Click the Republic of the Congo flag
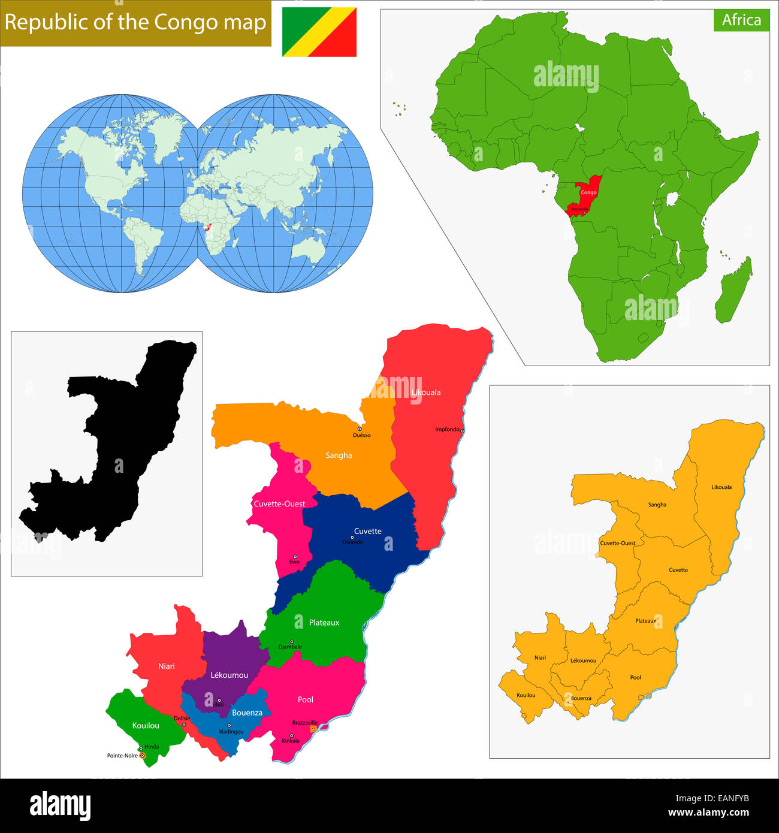(x=319, y=32)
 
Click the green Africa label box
(x=741, y=20)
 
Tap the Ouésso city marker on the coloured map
(x=360, y=428)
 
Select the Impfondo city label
(x=447, y=429)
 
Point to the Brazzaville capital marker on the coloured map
(x=312, y=729)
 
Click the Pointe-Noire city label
(x=122, y=756)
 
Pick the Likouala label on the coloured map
(x=426, y=393)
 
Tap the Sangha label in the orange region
(x=339, y=455)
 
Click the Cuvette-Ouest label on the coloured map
(x=279, y=504)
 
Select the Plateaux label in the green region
(x=324, y=623)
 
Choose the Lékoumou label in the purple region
(x=229, y=675)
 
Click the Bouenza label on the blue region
(x=247, y=713)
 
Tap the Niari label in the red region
(x=167, y=666)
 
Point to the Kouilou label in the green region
(x=146, y=726)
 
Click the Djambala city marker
(x=292, y=641)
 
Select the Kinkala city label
(x=291, y=741)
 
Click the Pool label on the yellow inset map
(x=636, y=678)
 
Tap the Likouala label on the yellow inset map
(x=721, y=487)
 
